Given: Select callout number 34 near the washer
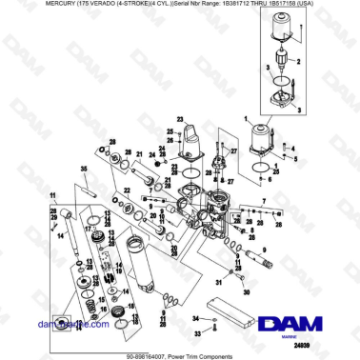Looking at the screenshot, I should coord(196,315).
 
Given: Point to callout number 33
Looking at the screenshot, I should coord(198,332).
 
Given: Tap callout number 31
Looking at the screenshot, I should coord(218,283).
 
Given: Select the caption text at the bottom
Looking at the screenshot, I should coord(180,355).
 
